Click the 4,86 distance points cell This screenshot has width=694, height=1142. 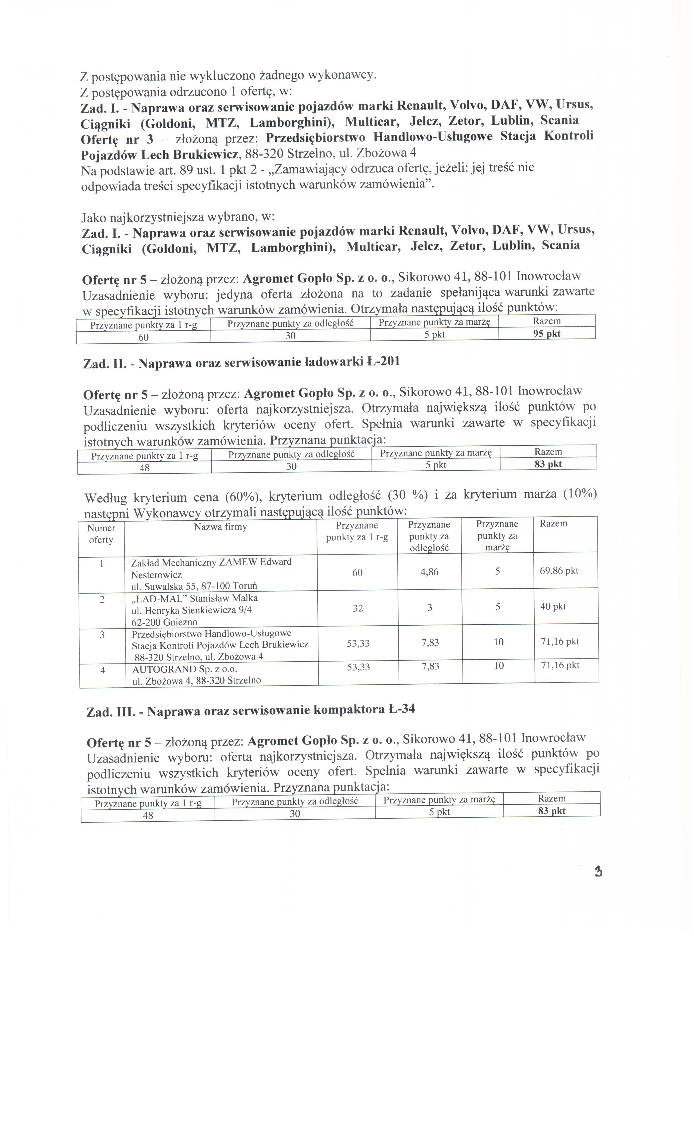click(x=429, y=572)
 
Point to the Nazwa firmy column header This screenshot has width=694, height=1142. click(x=220, y=527)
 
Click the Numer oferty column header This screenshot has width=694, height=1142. click(x=101, y=534)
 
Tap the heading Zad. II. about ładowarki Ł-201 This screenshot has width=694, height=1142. click(x=241, y=362)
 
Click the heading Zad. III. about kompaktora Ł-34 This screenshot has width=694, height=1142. click(x=250, y=710)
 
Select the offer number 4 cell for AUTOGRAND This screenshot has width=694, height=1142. click(x=103, y=670)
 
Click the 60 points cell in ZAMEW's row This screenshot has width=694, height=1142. click(x=357, y=573)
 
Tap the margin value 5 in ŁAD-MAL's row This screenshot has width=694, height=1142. click(x=497, y=607)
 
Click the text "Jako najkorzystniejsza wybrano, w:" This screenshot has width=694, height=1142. click(x=178, y=217)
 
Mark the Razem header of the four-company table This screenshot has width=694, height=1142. click(x=553, y=524)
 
